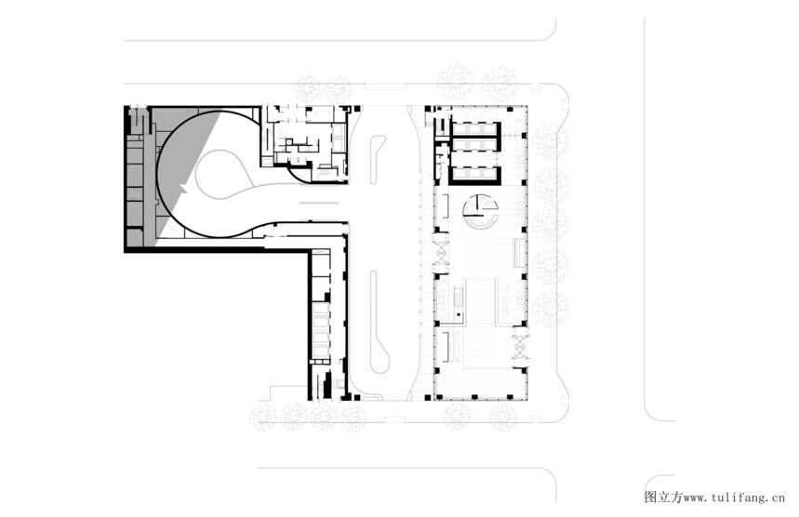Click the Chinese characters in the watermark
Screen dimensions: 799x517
click(663, 497)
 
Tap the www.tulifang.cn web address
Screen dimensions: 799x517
click(734, 497)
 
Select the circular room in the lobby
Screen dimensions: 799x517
click(480, 212)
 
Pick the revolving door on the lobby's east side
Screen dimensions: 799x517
click(521, 342)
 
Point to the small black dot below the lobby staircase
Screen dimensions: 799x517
click(459, 314)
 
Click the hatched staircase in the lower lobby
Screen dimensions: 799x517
click(458, 296)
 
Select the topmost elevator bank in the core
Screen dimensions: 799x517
click(474, 129)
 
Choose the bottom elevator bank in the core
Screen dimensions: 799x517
click(474, 175)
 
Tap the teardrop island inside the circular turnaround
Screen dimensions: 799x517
click(222, 173)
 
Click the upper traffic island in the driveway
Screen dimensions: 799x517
click(377, 159)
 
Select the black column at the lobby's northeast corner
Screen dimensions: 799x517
click(510, 109)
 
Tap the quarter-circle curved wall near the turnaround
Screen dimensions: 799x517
click(299, 176)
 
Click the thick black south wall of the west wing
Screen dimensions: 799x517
click(216, 249)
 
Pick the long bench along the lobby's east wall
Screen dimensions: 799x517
click(518, 252)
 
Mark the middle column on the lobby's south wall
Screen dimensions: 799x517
click(473, 397)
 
